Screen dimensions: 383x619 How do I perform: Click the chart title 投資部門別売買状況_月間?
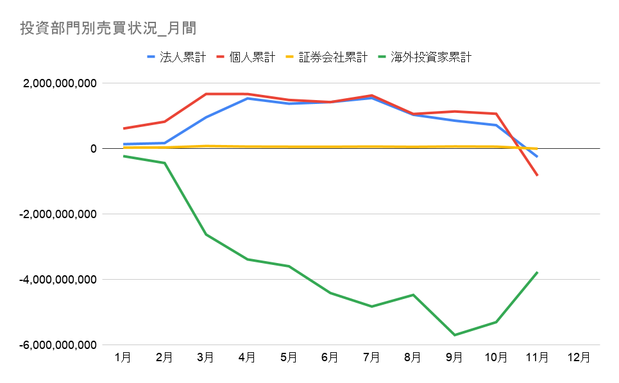tap(108, 28)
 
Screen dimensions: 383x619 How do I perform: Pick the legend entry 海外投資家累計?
tap(431, 57)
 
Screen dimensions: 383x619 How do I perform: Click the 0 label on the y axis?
tap(93, 149)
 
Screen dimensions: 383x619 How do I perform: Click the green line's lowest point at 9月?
tap(454, 335)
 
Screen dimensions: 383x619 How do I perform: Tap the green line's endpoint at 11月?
tap(537, 272)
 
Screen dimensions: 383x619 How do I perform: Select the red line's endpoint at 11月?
tap(537, 175)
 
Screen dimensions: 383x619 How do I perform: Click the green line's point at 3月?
tap(206, 234)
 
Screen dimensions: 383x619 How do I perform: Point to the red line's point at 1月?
tap(123, 128)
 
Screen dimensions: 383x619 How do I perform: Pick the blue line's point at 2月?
tap(165, 143)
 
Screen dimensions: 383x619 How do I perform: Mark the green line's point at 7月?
tap(371, 307)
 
